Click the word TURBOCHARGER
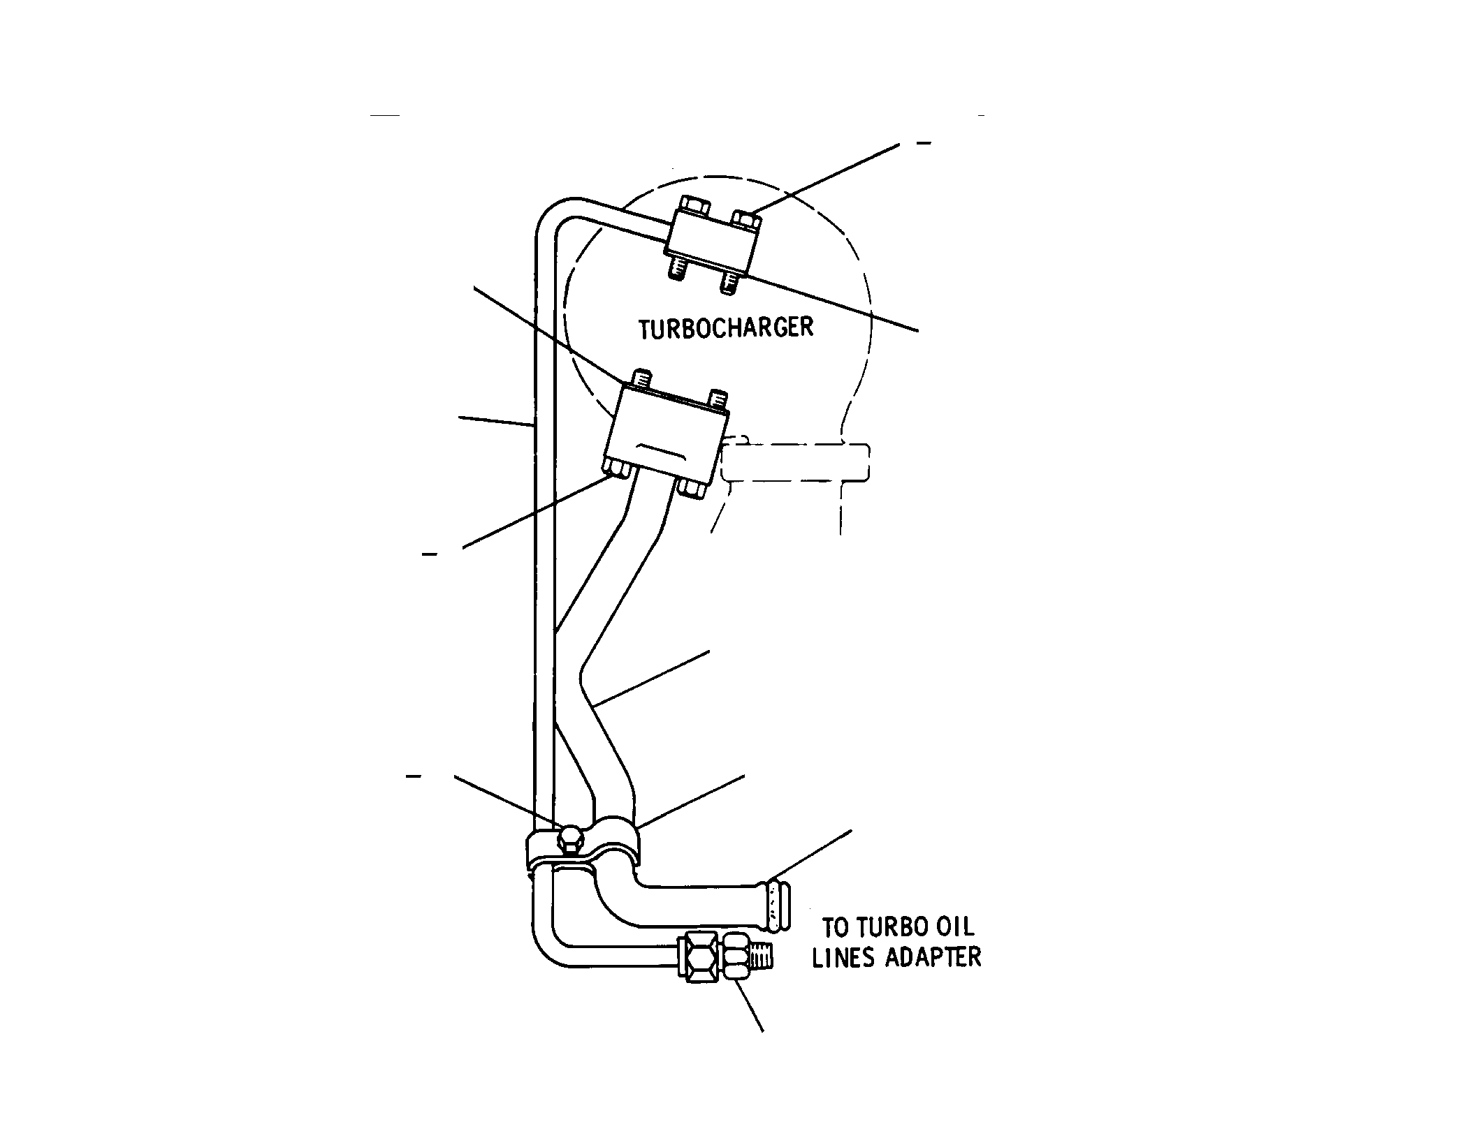click(x=727, y=328)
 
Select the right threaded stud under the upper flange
click(x=729, y=281)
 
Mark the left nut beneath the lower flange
click(x=618, y=468)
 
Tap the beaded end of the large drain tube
click(x=778, y=905)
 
